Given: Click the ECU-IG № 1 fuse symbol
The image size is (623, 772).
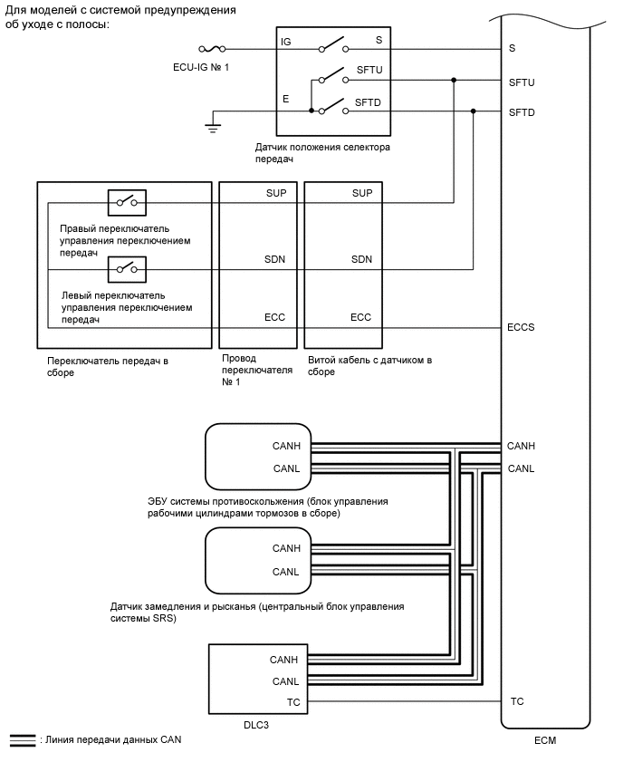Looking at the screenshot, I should [x=211, y=48].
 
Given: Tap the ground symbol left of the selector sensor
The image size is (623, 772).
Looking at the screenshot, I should [x=213, y=125].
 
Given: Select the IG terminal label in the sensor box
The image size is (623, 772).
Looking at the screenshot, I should [x=286, y=42].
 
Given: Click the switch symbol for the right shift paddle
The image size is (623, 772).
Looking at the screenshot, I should [x=128, y=202].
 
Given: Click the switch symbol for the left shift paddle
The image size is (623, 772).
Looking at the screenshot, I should [x=128, y=268].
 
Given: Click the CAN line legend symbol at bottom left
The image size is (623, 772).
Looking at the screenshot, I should [x=22, y=740].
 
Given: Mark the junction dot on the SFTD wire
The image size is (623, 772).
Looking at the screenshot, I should [x=473, y=111].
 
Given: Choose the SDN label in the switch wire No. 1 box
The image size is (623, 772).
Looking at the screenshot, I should [x=275, y=260].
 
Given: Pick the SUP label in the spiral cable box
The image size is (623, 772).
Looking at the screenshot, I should [x=361, y=194].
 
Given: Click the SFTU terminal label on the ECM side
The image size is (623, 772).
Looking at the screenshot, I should [x=522, y=82].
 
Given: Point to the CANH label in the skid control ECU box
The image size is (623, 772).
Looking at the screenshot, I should [x=286, y=446].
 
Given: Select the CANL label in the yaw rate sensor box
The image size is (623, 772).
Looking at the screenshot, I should [x=286, y=572].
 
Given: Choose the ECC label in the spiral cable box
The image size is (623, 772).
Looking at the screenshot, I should [x=361, y=318].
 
